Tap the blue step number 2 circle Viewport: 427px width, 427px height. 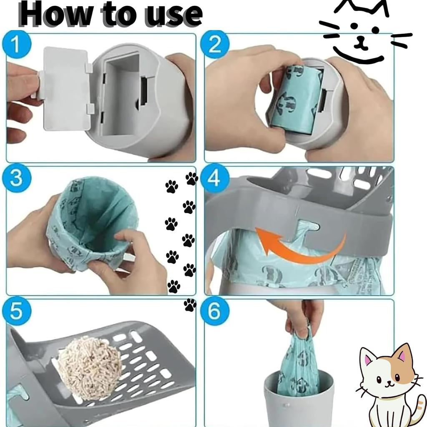pyautogui.click(x=214, y=45)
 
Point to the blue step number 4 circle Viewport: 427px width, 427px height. pyautogui.click(x=214, y=178)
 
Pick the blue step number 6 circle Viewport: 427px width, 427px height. pyautogui.click(x=214, y=312)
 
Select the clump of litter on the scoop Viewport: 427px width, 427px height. pyautogui.click(x=90, y=367)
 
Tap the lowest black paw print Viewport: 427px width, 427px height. pyautogui.click(x=190, y=305)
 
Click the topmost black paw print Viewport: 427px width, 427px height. pyautogui.click(x=192, y=178)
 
